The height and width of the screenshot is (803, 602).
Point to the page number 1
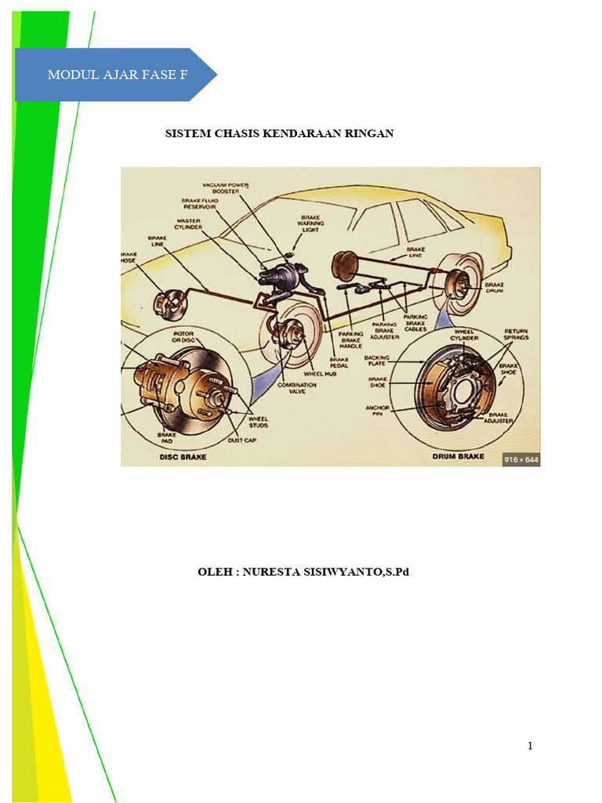coord(531,746)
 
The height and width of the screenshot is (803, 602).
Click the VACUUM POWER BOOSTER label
coord(225,187)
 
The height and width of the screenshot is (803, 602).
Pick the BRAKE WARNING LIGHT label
coord(310,224)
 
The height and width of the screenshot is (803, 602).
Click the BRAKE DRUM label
coord(495,289)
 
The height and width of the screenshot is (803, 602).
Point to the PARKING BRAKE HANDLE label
coord(350,340)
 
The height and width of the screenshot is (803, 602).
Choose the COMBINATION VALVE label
coord(296,388)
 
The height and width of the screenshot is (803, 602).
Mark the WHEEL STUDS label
coord(258,423)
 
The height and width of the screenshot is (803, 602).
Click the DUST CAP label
coord(241,441)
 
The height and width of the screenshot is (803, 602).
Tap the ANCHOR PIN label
coord(378,411)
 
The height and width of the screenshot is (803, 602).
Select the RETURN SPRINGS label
coord(516,335)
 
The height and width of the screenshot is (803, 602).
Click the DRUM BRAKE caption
coord(458,456)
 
